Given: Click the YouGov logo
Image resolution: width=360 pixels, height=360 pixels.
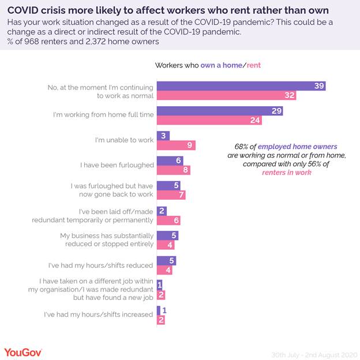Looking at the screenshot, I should tap(23, 351).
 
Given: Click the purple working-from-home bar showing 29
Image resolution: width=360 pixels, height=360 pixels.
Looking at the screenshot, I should tap(220, 111).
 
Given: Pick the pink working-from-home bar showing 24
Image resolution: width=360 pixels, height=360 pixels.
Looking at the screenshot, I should tap(209, 121).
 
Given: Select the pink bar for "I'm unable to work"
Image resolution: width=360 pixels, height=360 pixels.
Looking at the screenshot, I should tap(176, 145).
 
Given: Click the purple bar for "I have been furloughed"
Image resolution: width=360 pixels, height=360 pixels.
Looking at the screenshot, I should tap(170, 160).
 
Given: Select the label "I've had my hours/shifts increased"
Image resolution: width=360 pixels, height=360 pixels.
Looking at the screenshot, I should tap(99, 315).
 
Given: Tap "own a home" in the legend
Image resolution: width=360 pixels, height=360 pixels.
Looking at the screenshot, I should tap(222, 65).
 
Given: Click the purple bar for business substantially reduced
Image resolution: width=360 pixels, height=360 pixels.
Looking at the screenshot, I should tap(167, 235).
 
